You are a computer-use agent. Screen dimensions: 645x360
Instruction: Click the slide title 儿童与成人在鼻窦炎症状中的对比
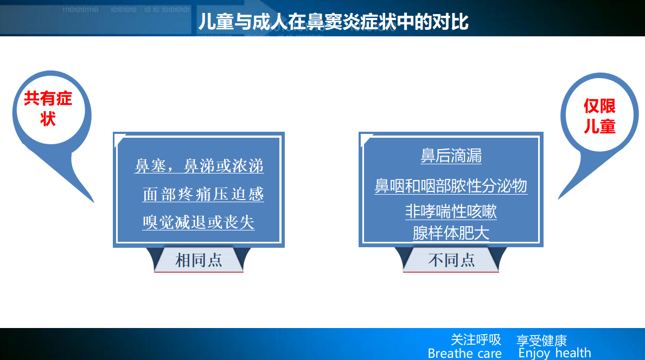pyautogui.click(x=333, y=21)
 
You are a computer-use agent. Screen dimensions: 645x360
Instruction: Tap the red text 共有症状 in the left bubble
pyautogui.click(x=48, y=108)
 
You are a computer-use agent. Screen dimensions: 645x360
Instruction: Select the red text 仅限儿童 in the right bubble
pyautogui.click(x=599, y=117)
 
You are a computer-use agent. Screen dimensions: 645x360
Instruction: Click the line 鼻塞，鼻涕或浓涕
pyautogui.click(x=199, y=166)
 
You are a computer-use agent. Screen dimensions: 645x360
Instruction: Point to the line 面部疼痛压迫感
pyautogui.click(x=203, y=195)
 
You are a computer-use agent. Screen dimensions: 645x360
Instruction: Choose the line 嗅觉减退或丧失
pyautogui.click(x=199, y=222)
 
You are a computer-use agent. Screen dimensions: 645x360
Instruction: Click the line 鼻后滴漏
pyautogui.click(x=451, y=156)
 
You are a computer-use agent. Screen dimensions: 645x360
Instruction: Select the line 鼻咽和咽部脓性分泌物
pyautogui.click(x=451, y=186)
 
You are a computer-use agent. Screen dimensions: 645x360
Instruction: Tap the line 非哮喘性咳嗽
pyautogui.click(x=451, y=211)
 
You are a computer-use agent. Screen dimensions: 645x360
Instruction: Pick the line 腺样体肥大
pyautogui.click(x=451, y=234)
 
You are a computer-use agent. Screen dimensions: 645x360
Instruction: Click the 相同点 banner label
pyautogui.click(x=199, y=260)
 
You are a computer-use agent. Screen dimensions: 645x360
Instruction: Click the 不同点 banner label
pyautogui.click(x=451, y=260)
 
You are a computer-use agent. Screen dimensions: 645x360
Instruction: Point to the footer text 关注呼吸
pyautogui.click(x=476, y=339)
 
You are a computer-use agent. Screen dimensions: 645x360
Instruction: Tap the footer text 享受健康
pyautogui.click(x=542, y=340)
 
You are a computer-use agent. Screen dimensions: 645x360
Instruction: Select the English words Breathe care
pyautogui.click(x=465, y=353)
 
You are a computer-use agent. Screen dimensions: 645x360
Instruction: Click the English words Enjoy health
pyautogui.click(x=554, y=353)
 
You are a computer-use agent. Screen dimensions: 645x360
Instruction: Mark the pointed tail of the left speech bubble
pyautogui.click(x=94, y=202)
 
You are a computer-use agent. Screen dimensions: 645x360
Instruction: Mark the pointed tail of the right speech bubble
pyautogui.click(x=559, y=200)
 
